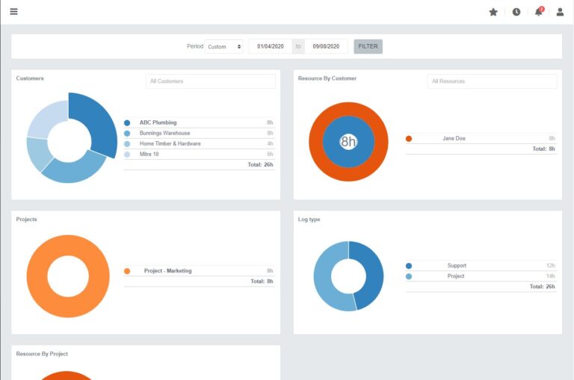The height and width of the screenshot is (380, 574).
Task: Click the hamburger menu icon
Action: coord(13,11)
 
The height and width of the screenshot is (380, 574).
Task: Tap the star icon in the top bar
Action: coord(493,12)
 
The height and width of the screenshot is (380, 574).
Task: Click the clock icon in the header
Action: coord(516,12)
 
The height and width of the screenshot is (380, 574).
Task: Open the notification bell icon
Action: coord(538,12)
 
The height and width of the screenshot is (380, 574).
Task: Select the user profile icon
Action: coord(560,12)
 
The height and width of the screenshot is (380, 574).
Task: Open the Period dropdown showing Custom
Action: coord(224,46)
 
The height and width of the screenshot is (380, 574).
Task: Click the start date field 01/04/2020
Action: coord(271,46)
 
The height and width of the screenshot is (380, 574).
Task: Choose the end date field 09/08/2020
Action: coord(326,46)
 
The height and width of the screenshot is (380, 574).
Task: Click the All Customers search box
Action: coord(210,81)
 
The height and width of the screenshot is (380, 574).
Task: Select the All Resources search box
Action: coord(492,81)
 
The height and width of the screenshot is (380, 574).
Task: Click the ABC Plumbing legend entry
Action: coord(158,122)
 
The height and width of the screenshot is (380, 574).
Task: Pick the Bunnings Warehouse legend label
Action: coord(164,133)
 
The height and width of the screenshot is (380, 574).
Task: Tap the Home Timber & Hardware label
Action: coord(170,143)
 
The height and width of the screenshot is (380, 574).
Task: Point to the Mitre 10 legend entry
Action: coord(149,154)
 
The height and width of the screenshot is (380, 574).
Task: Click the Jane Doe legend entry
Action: coord(454,138)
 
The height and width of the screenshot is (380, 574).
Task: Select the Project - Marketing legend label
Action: coord(167,271)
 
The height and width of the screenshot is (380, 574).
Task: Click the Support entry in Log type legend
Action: coord(457,266)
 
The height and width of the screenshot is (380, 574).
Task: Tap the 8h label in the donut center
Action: coord(348,141)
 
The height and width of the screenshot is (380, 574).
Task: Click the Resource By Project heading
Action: coord(42,354)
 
